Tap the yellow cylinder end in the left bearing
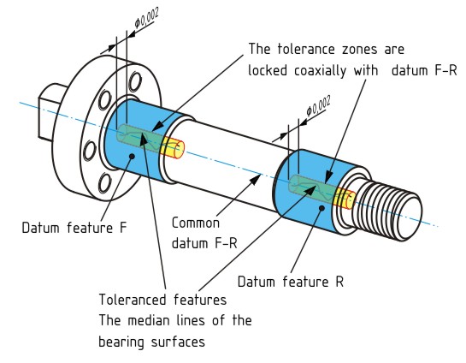tap(175, 149)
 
